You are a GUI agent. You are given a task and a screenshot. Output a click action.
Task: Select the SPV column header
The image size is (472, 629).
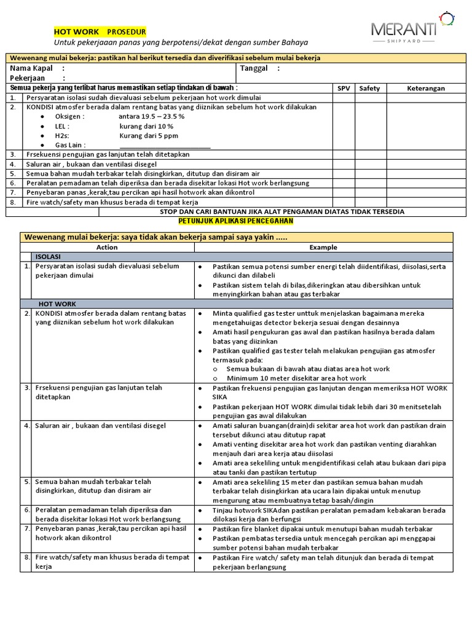344,88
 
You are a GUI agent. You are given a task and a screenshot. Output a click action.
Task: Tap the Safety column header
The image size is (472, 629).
369,88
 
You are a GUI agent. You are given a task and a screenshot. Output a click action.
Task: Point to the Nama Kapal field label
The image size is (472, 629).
31,68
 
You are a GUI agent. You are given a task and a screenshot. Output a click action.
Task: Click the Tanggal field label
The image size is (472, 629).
254,68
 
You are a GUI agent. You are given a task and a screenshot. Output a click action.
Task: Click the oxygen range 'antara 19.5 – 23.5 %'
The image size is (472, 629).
152,116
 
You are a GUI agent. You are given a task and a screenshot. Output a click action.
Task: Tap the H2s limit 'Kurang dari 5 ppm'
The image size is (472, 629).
149,135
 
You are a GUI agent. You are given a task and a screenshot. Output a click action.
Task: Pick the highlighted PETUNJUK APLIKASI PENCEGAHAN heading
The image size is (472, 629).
236,221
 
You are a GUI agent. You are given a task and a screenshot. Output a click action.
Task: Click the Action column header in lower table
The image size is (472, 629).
107,248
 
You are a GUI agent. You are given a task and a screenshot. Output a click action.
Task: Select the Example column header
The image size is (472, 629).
323,248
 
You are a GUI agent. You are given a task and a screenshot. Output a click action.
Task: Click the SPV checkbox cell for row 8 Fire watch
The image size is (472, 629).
344,201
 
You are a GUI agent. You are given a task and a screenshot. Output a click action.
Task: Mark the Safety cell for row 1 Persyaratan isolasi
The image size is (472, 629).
369,98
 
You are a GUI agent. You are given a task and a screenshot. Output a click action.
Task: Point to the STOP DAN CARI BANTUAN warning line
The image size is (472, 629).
281,211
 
